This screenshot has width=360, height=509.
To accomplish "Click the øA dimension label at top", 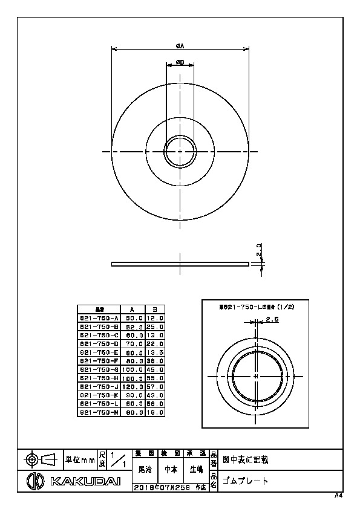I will point(180,45).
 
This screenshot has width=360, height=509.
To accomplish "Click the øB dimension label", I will point(180,62).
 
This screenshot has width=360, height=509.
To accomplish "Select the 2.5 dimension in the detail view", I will point(272,319).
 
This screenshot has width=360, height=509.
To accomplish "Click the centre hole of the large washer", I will point(180,151).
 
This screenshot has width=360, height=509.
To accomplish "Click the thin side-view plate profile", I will point(180,264).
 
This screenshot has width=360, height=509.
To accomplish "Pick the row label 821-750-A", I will point(100,317).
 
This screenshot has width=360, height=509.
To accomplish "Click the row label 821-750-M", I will point(100,412).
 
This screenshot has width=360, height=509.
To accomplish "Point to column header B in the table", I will point(155,308).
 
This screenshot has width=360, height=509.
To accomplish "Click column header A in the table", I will point(133,308).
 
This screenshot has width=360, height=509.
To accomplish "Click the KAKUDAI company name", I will point(85,481).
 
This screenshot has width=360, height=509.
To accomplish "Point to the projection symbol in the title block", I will point(40,459).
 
